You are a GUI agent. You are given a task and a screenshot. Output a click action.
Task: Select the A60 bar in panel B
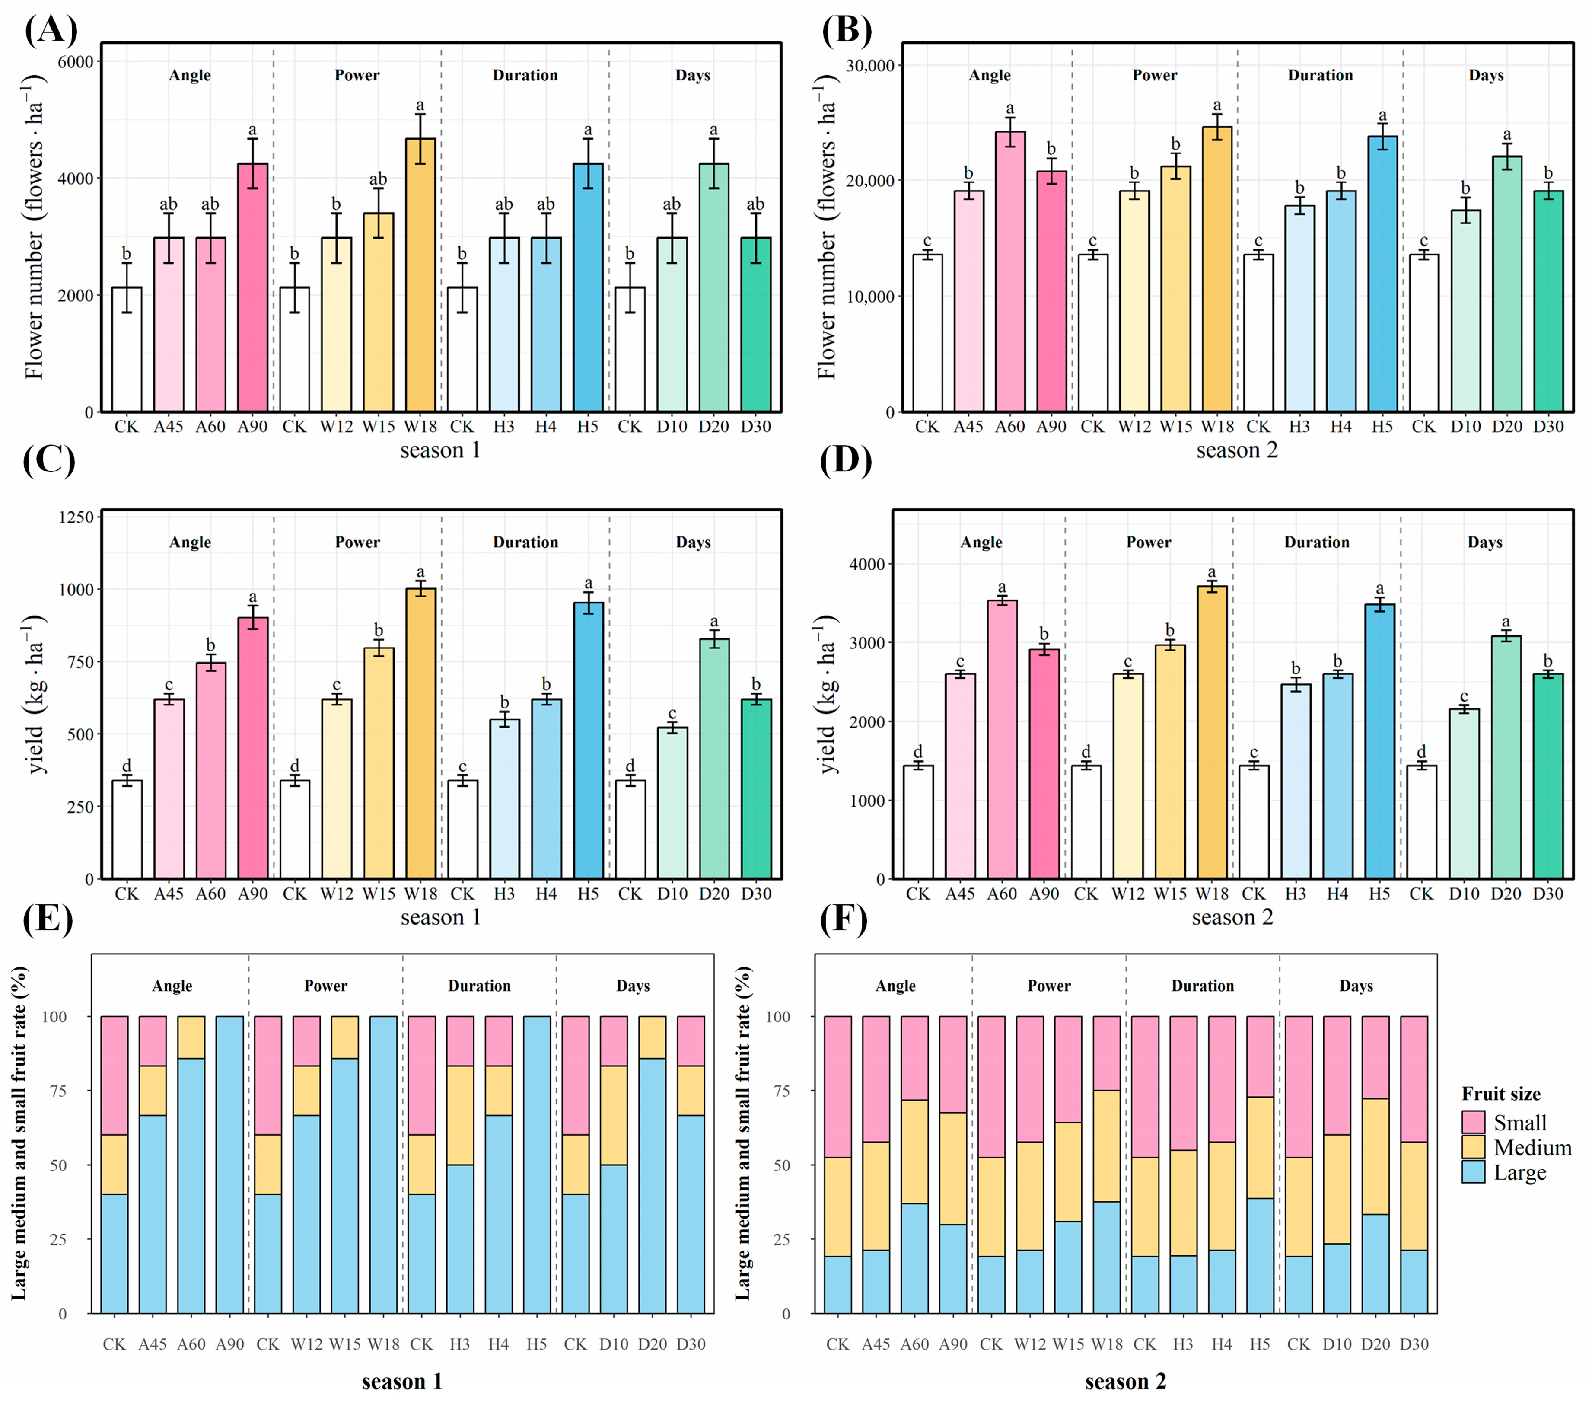tap(1010, 272)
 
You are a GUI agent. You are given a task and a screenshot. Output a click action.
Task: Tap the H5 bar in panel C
tap(588, 740)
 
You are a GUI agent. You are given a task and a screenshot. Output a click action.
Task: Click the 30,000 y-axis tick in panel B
tap(870, 65)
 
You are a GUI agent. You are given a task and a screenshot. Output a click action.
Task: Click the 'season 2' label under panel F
tap(1125, 1382)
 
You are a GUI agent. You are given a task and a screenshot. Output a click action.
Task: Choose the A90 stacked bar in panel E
tap(230, 1165)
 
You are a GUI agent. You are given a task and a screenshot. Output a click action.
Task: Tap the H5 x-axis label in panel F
tap(1259, 1344)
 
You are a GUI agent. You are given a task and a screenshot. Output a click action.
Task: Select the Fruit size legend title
tap(1501, 1094)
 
